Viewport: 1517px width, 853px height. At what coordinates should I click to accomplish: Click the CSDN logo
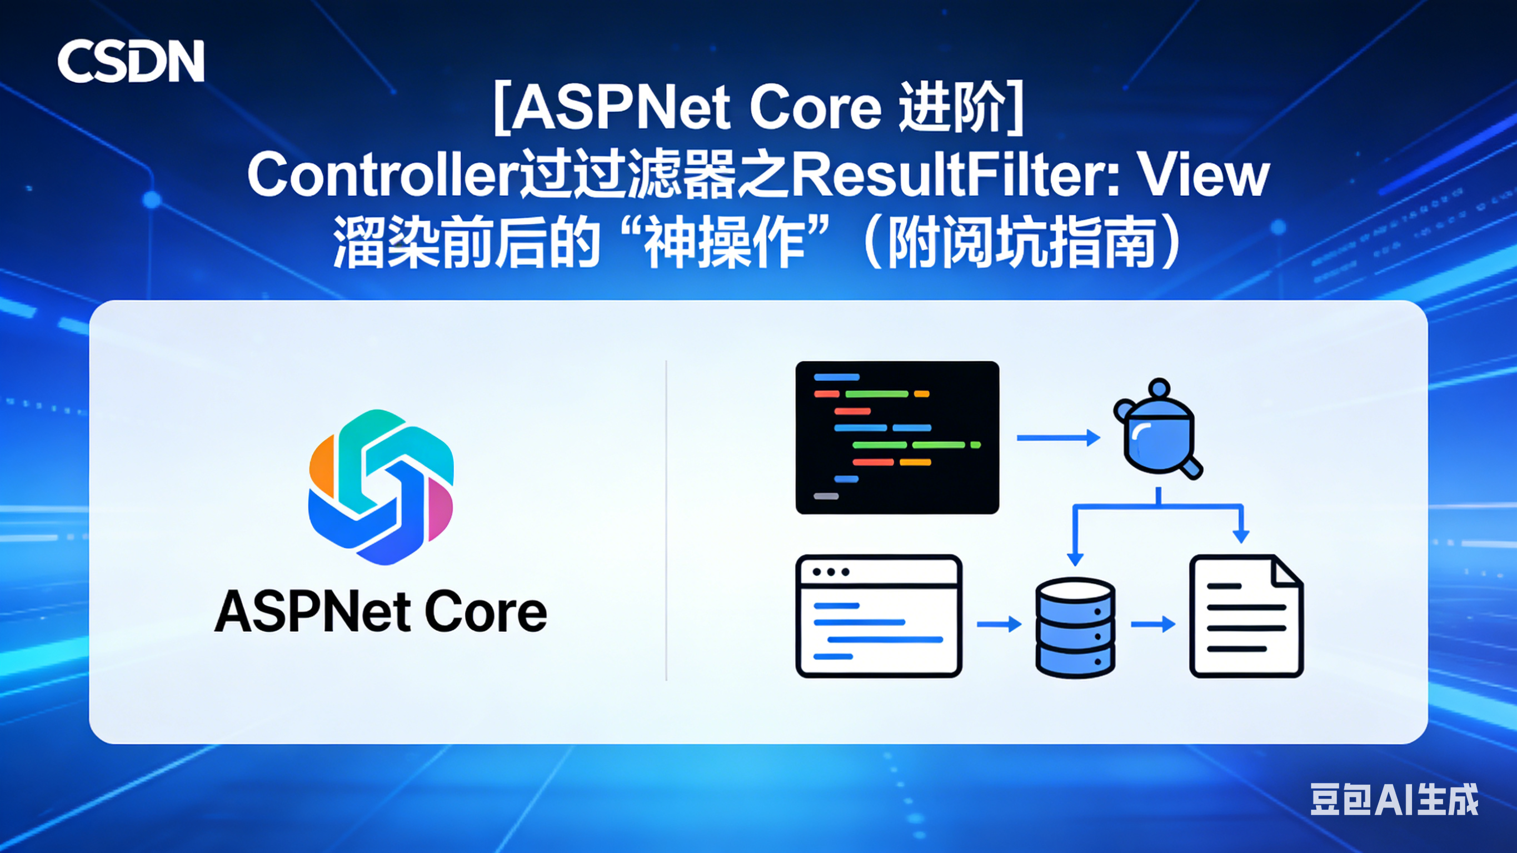coord(131,61)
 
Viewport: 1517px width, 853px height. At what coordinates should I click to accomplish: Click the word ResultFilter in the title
coord(954,175)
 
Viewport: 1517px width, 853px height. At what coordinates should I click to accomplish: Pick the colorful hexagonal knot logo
coord(381,487)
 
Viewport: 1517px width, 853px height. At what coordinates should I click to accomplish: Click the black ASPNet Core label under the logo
coord(381,612)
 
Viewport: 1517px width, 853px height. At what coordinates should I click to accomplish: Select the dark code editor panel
coord(897,437)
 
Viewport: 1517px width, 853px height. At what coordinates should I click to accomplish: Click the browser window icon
coord(879,616)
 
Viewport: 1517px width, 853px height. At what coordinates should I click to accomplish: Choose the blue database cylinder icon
coord(1075,628)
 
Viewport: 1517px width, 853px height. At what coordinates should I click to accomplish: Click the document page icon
coord(1246,616)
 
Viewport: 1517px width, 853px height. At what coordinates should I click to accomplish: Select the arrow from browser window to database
coord(999,624)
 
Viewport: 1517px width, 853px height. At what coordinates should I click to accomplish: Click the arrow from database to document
coord(1152,624)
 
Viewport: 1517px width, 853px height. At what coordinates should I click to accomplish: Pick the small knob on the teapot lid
coord(1159,388)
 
